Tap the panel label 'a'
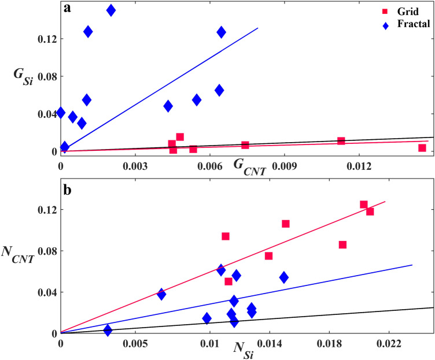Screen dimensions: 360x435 (67, 10)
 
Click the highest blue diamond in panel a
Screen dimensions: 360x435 (111, 10)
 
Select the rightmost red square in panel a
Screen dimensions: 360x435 (422, 148)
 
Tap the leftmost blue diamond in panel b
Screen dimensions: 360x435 (108, 330)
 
